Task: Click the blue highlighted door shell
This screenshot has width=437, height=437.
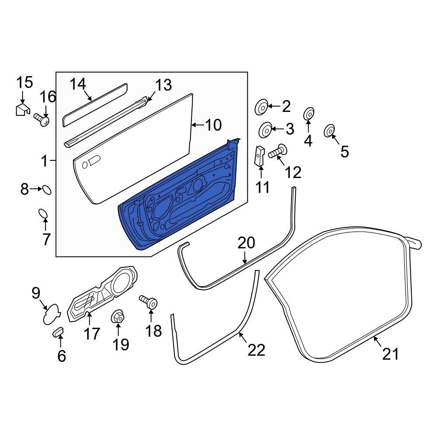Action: [184, 201]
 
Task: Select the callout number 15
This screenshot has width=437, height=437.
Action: [24, 82]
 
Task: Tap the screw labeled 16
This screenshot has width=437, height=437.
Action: [42, 119]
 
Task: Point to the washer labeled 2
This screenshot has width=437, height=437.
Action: [261, 107]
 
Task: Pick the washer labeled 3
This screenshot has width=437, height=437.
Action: [265, 130]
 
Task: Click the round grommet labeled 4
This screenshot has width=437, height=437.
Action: [308, 114]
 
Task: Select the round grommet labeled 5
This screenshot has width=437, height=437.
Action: [329, 131]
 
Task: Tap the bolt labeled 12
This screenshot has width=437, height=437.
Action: [277, 152]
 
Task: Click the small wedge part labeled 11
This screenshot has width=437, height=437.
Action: [260, 156]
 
